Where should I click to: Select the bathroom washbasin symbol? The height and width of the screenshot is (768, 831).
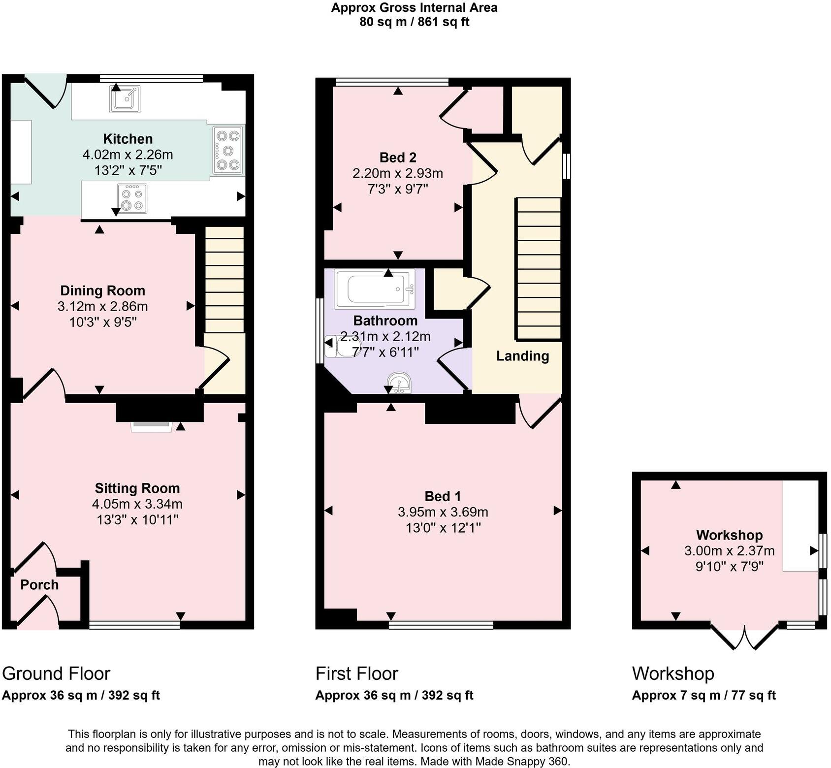pyautogui.click(x=399, y=383)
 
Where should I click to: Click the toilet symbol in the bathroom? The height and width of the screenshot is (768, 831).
pyautogui.click(x=338, y=346)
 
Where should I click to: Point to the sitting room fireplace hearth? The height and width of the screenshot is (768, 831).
pyautogui.click(x=152, y=426)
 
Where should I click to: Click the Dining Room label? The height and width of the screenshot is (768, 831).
pyautogui.click(x=102, y=290)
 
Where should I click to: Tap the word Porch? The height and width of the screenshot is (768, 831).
pyautogui.click(x=39, y=585)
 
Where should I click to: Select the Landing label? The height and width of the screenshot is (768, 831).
pyautogui.click(x=522, y=356)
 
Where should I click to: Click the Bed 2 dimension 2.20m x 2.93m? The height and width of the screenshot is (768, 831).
pyautogui.click(x=398, y=173)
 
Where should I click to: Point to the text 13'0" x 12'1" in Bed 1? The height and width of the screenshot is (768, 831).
pyautogui.click(x=443, y=528)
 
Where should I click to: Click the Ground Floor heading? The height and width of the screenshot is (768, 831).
pyautogui.click(x=56, y=673)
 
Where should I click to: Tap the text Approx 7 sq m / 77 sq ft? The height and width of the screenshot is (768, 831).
pyautogui.click(x=703, y=695)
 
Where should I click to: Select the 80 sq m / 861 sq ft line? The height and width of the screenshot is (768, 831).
pyautogui.click(x=414, y=22)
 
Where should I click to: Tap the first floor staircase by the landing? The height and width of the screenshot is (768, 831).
pyautogui.click(x=539, y=269)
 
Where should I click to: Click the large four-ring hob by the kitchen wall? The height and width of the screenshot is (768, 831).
pyautogui.click(x=228, y=151)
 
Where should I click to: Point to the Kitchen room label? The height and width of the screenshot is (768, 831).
pyautogui.click(x=128, y=139)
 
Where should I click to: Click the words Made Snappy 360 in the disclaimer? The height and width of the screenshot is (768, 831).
pyautogui.click(x=522, y=762)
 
